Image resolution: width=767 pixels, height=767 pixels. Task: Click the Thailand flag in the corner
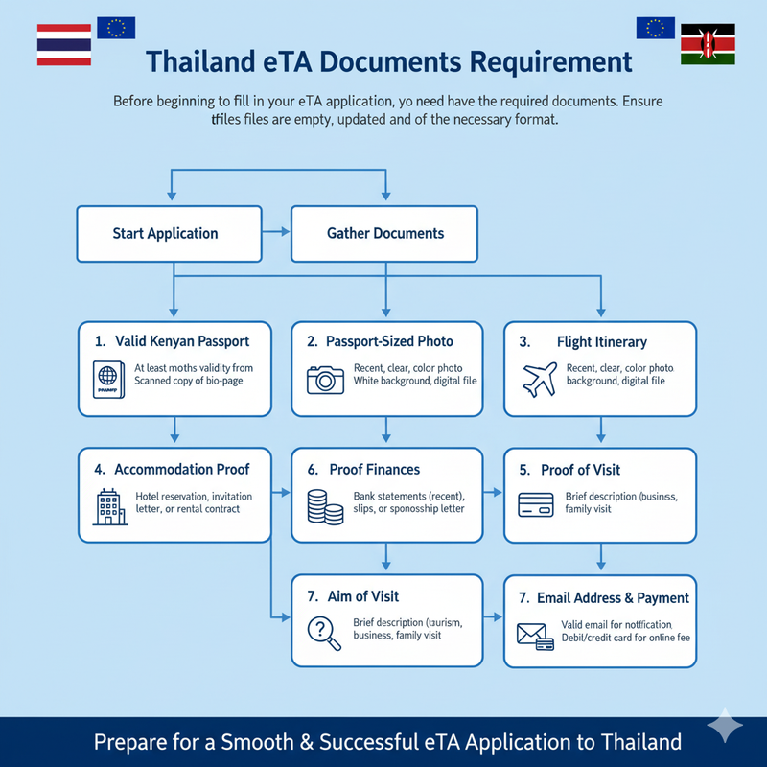click(63, 45)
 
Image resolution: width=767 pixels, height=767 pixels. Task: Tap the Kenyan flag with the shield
click(707, 45)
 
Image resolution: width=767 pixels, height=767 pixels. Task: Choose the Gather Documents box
click(384, 233)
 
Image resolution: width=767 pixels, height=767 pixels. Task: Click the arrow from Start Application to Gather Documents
click(276, 232)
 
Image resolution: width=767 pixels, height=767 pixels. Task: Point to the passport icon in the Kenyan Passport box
click(106, 379)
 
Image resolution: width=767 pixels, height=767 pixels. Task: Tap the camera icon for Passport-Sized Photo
click(325, 379)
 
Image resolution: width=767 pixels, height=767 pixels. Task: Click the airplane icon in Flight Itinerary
click(540, 379)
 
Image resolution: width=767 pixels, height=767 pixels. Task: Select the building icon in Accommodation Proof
click(108, 505)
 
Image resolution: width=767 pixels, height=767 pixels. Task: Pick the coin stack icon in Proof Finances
click(325, 505)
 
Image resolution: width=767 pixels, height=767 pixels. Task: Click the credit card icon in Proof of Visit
click(536, 504)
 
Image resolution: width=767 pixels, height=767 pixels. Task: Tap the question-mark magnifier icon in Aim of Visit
click(321, 632)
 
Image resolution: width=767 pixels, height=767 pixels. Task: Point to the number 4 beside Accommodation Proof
click(99, 470)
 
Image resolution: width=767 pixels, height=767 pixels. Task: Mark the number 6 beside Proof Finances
click(313, 470)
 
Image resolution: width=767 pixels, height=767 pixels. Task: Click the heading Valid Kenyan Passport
click(182, 341)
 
